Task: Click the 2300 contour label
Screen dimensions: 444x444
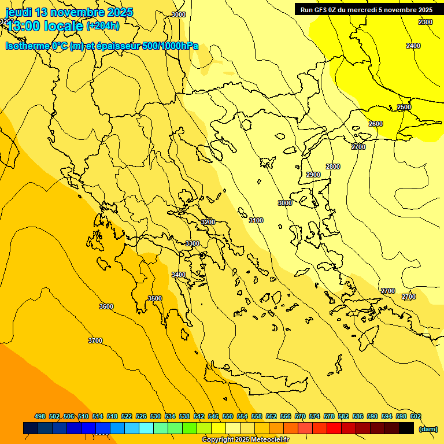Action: click(x=425, y=22)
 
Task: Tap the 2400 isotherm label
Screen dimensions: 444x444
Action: click(x=413, y=46)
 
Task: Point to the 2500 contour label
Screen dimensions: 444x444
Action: click(x=404, y=108)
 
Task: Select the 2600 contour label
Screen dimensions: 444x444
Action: click(x=376, y=124)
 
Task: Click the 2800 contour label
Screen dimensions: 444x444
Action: click(x=333, y=166)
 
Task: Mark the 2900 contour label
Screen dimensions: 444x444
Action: click(x=313, y=175)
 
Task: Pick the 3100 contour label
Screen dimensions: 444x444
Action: click(x=256, y=220)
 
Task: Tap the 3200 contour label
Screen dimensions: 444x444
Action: click(x=208, y=222)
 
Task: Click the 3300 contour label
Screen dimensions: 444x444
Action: click(x=193, y=243)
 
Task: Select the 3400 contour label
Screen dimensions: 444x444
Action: click(x=179, y=275)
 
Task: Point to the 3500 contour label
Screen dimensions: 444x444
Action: click(x=155, y=298)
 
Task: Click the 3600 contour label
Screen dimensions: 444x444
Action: click(x=106, y=306)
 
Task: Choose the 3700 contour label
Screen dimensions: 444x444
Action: click(x=95, y=341)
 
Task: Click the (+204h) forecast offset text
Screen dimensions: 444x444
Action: click(x=103, y=25)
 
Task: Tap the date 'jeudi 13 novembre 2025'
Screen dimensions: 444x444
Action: click(x=69, y=12)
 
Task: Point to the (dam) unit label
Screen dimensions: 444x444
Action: click(x=428, y=428)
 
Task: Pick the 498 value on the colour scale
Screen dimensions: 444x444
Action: click(x=40, y=416)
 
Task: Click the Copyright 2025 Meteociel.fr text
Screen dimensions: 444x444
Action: click(x=245, y=440)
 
